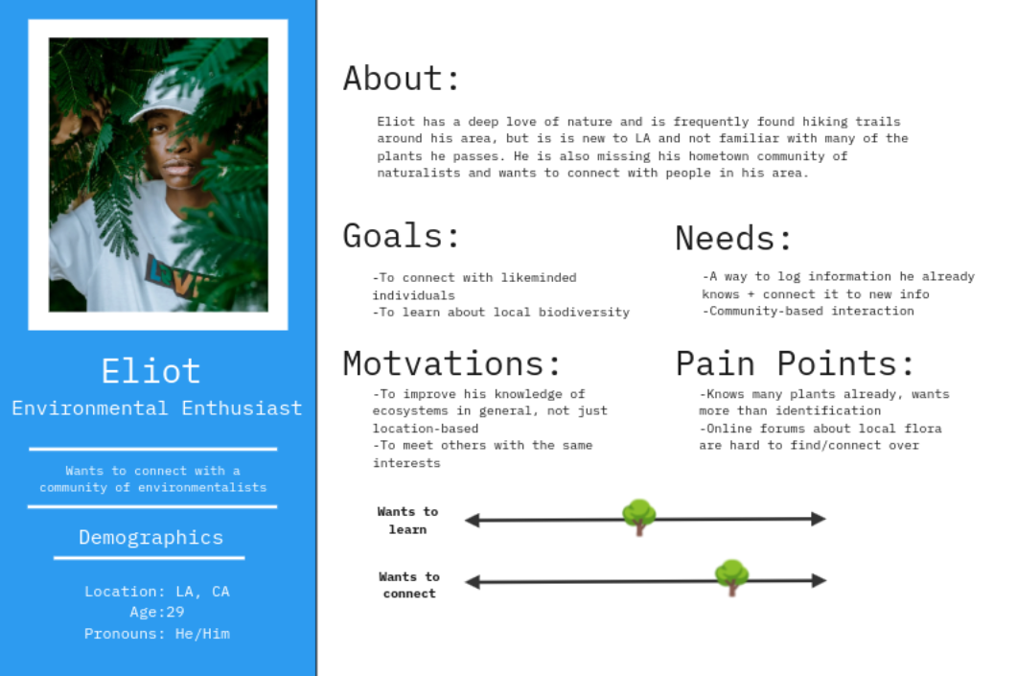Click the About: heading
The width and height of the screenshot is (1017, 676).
401,79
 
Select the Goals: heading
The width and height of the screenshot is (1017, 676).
401,236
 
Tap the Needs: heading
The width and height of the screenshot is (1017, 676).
733,238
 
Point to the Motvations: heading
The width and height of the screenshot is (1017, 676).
451,363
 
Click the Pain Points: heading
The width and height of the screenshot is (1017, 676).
795,363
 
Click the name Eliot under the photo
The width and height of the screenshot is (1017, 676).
150,371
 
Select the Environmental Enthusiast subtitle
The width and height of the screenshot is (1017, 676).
157,408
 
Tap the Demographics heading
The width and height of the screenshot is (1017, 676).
150,538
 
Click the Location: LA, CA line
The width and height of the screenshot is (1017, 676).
157,591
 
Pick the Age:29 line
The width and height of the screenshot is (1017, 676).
157,612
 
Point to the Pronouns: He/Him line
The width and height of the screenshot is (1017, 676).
157,633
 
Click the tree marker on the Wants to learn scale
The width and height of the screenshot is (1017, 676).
639,517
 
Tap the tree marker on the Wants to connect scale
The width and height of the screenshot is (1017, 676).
732,577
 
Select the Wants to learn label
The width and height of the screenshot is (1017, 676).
408,521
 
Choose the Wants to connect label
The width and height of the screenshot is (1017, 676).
409,585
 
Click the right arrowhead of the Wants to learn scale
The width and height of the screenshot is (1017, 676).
819,519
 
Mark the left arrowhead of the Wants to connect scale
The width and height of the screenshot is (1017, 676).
473,582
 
